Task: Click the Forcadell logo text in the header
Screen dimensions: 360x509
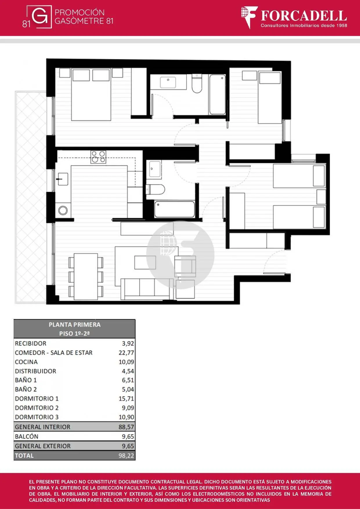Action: point(304,16)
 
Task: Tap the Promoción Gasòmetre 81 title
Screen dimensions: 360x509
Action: point(84,17)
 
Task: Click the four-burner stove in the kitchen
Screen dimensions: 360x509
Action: point(98,157)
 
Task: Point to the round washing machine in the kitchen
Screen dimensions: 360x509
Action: point(63,210)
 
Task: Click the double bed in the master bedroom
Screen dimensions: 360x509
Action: point(91,95)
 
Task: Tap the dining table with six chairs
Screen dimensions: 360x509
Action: point(86,276)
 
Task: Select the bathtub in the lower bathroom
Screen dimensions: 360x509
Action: point(174,209)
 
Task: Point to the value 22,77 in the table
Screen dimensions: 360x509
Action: point(126,353)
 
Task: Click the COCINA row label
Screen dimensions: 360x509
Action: point(26,362)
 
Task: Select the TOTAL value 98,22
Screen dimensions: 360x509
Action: point(126,456)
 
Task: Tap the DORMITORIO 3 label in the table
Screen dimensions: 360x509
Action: point(37,417)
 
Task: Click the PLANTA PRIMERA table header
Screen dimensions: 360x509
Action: point(75,325)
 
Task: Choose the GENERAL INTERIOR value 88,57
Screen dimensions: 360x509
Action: point(126,427)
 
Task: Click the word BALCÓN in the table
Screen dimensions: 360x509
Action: point(27,436)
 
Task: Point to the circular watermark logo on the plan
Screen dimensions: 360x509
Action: point(180,255)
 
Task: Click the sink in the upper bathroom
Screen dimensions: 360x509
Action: point(168,82)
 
